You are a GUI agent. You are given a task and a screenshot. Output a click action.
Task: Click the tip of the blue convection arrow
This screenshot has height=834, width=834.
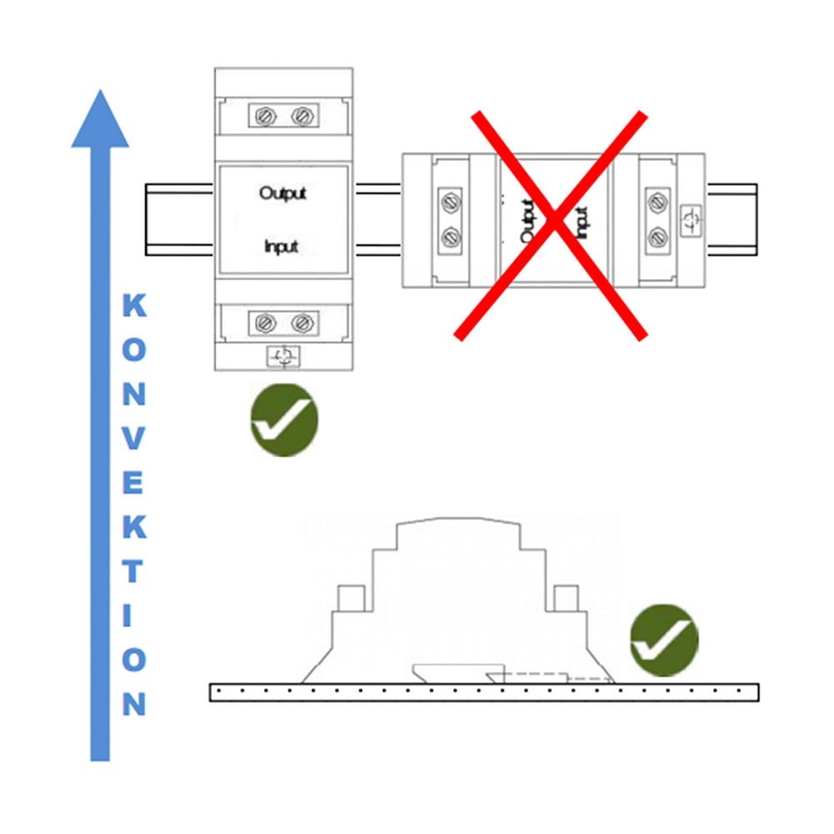pyautogui.click(x=100, y=90)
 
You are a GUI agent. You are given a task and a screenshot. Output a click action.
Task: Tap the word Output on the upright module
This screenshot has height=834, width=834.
pyautogui.click(x=283, y=193)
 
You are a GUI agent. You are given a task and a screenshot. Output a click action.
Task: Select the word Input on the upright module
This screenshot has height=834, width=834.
pyautogui.click(x=281, y=247)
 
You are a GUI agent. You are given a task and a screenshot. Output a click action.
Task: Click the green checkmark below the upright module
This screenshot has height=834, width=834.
pyautogui.click(x=284, y=420)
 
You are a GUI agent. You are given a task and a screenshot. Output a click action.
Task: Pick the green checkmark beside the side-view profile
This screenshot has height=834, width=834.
pyautogui.click(x=665, y=641)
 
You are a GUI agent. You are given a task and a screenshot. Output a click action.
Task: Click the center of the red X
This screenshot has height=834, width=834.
pyautogui.click(x=553, y=221)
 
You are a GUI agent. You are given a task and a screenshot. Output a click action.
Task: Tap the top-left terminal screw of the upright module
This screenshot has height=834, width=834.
pyautogui.click(x=265, y=116)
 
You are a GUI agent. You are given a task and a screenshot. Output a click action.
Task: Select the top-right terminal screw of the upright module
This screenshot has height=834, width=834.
pyautogui.click(x=302, y=116)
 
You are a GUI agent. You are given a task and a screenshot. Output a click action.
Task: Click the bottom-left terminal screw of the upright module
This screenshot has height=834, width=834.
pyautogui.click(x=265, y=323)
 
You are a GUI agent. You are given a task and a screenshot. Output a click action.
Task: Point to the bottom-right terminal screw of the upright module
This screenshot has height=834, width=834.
pyautogui.click(x=302, y=323)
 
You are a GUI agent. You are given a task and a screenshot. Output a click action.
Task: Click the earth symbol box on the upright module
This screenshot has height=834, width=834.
pyautogui.click(x=283, y=356)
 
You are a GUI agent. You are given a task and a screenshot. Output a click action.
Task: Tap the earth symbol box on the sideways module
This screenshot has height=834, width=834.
pyautogui.click(x=691, y=221)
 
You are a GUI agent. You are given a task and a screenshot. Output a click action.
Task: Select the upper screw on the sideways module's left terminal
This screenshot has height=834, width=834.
pyautogui.click(x=450, y=203)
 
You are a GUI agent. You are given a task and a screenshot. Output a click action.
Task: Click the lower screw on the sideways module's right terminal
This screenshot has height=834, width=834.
pyautogui.click(x=658, y=238)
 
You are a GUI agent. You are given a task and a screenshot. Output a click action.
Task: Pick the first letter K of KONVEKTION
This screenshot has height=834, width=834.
pyautogui.click(x=134, y=305)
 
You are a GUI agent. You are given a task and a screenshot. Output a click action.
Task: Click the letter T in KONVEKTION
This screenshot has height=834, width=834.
pyautogui.click(x=133, y=571)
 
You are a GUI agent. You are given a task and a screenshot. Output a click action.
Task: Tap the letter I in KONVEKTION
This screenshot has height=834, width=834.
pyautogui.click(x=127, y=615)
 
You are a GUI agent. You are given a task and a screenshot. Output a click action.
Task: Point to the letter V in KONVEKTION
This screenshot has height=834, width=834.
pyautogui.click(x=134, y=439)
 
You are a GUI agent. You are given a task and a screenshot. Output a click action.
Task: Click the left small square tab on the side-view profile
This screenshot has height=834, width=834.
pyautogui.click(x=351, y=598)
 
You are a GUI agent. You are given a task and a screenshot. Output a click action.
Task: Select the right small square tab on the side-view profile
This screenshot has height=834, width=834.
pyautogui.click(x=566, y=598)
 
